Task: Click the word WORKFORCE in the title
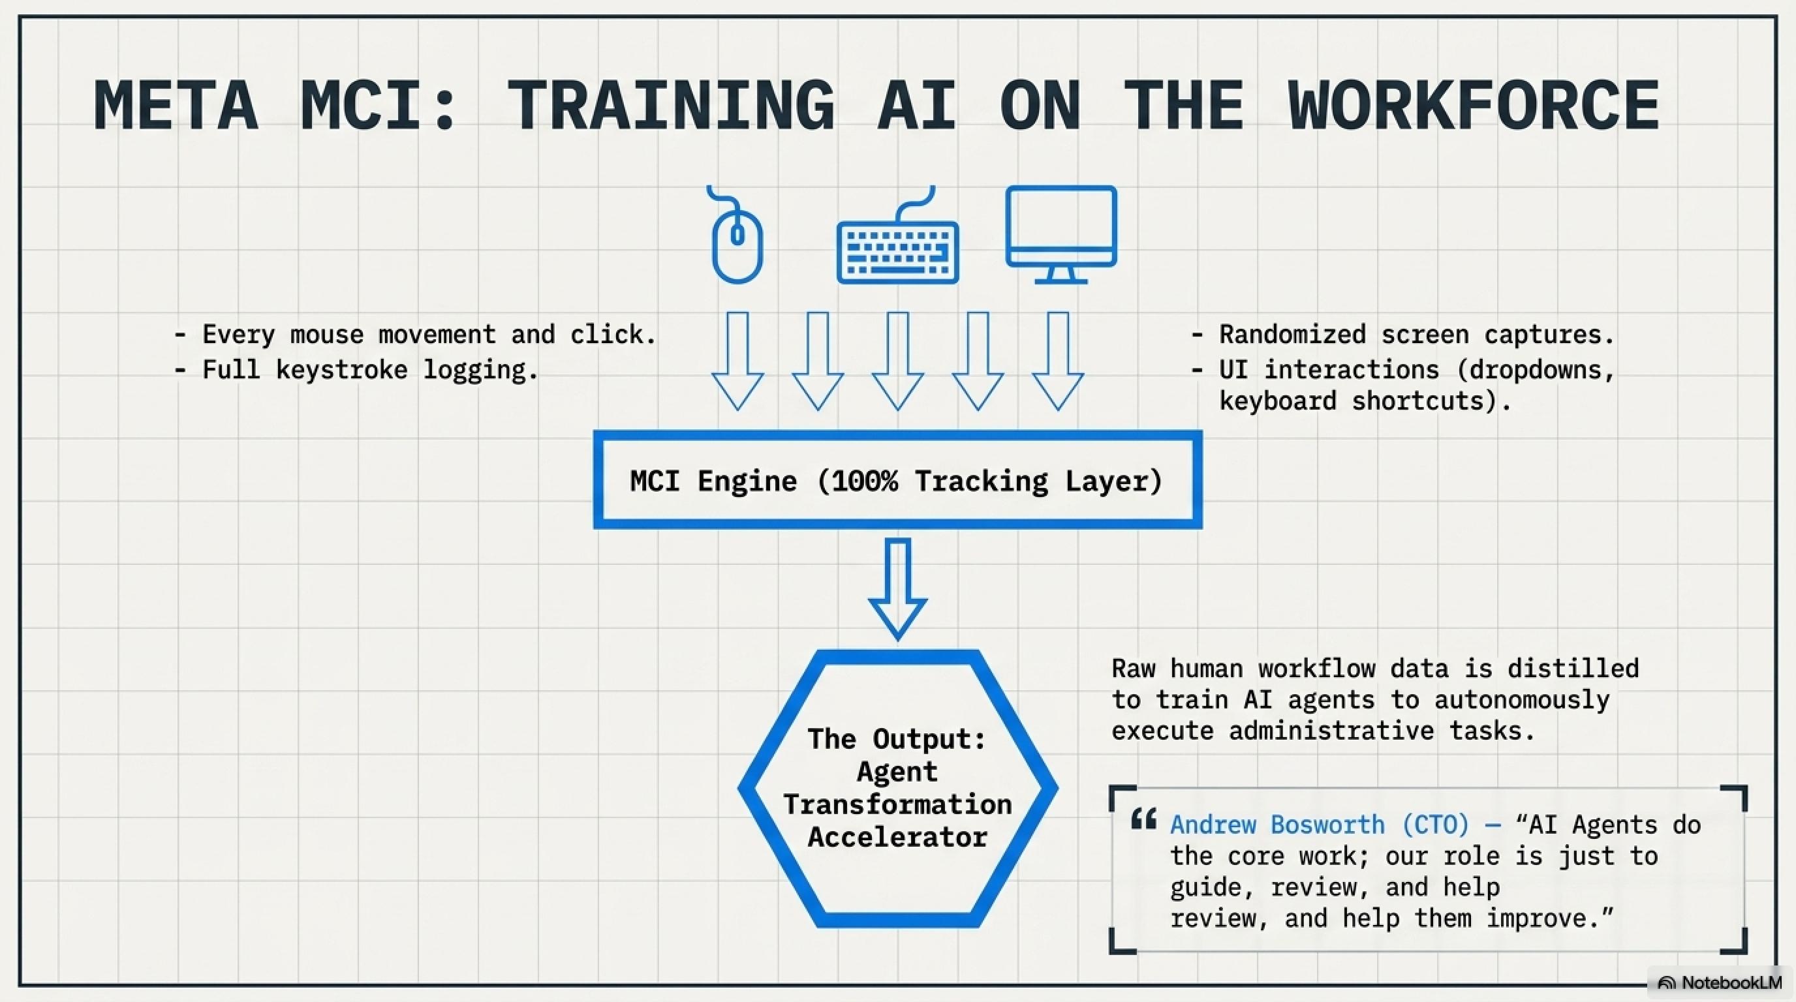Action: [1473, 106]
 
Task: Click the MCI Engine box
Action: [897, 480]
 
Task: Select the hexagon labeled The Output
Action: [897, 788]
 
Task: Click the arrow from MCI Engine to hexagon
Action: [897, 586]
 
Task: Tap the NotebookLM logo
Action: [1719, 982]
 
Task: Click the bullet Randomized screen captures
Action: [1416, 335]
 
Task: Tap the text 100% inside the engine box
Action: [865, 481]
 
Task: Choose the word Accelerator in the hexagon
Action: [897, 837]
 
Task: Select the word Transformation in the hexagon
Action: [897, 804]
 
